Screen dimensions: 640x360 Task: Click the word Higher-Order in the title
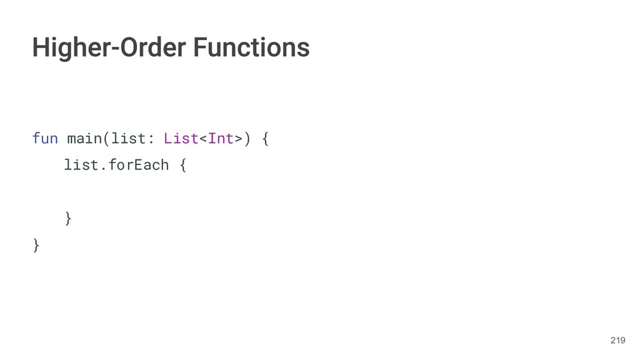tap(109, 47)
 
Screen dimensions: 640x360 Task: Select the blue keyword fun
tap(45, 138)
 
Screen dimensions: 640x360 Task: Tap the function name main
tap(84, 138)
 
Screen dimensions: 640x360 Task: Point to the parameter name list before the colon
tap(129, 138)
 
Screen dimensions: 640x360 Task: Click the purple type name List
tap(181, 138)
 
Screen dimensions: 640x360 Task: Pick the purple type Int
tap(220, 138)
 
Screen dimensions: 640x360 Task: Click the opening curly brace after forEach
tap(182, 166)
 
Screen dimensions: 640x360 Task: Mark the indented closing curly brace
tap(68, 218)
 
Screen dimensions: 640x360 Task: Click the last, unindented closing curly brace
tap(36, 245)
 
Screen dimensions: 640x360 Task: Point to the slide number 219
tap(617, 340)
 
